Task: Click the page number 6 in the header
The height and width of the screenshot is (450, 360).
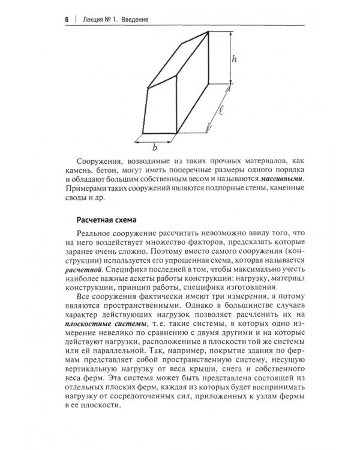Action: point(65,19)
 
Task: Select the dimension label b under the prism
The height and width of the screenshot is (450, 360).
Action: point(155,147)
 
